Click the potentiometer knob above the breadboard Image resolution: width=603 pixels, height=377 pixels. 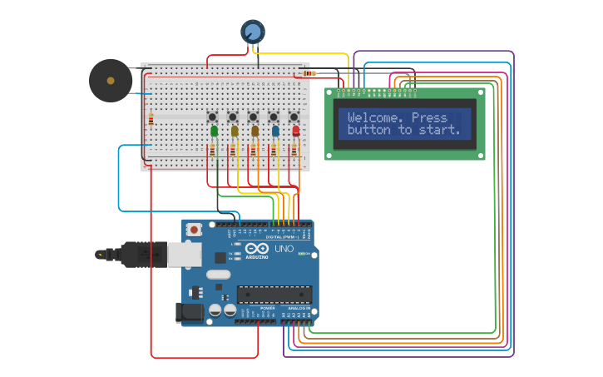coord(253,32)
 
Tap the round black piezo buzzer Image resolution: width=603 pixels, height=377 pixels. coord(111,81)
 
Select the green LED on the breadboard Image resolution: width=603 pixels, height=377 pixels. coord(215,131)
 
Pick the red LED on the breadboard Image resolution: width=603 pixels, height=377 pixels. coord(295,131)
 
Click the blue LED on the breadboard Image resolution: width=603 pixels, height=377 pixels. coord(275,131)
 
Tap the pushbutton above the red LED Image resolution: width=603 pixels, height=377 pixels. coord(294,117)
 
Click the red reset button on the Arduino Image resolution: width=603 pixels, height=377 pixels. coord(194,229)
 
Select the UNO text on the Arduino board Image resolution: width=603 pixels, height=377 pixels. coord(284,249)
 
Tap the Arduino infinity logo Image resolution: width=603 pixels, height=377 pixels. coord(257,249)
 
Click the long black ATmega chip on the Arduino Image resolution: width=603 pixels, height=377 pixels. coord(274,294)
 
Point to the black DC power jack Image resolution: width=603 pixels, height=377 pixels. coord(190,313)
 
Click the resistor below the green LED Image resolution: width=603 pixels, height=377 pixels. coord(212,151)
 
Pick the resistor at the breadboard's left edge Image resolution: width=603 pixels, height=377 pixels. coord(151,120)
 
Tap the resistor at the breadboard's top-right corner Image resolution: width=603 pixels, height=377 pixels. coord(310,73)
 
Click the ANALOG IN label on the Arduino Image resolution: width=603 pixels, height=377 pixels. coord(299,308)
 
